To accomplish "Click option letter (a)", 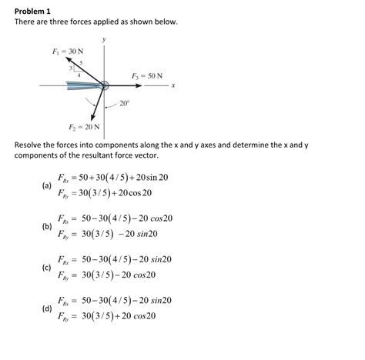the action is (x=48, y=185).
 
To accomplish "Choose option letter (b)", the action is (x=48, y=226).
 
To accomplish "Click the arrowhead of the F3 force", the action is (x=161, y=85).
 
